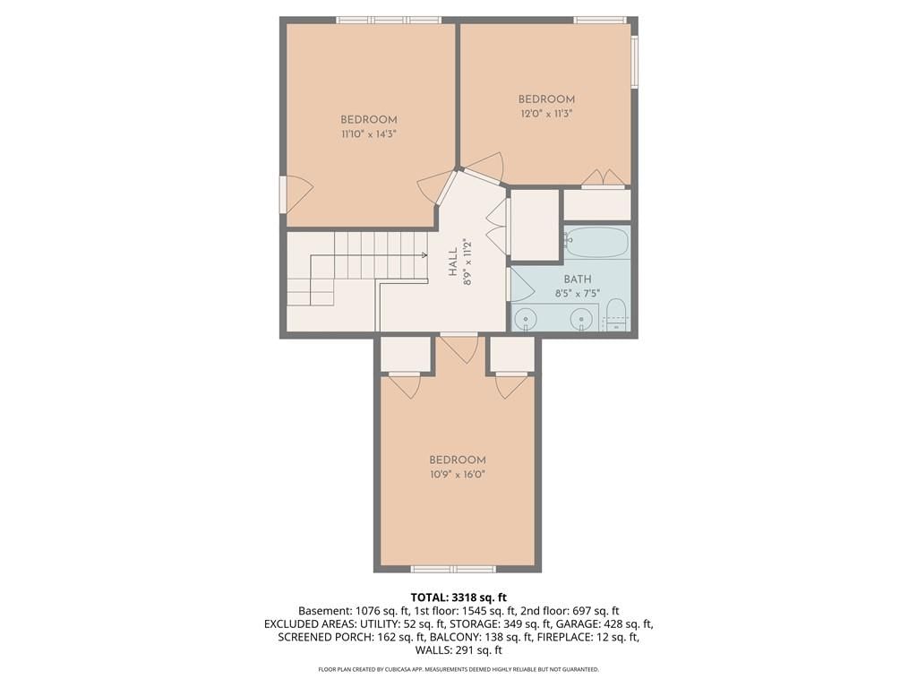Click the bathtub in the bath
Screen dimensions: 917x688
tap(597, 243)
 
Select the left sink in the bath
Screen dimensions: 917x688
tap(526, 320)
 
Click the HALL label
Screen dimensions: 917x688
tap(453, 262)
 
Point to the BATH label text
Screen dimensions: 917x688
tap(578, 279)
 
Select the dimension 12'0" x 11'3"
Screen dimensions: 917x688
tap(546, 114)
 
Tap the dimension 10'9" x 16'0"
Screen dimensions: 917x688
tap(458, 475)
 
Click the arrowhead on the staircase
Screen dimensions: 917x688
tap(424, 255)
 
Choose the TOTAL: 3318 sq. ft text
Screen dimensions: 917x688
tap(458, 598)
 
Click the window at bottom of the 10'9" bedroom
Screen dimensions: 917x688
tap(453, 569)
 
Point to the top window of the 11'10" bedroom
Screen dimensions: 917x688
tap(389, 20)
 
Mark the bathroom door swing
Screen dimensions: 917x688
tap(521, 286)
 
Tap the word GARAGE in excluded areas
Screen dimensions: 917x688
tap(575, 623)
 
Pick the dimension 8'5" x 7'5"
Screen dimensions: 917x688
tap(578, 294)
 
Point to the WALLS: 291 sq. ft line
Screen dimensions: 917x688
tap(458, 650)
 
